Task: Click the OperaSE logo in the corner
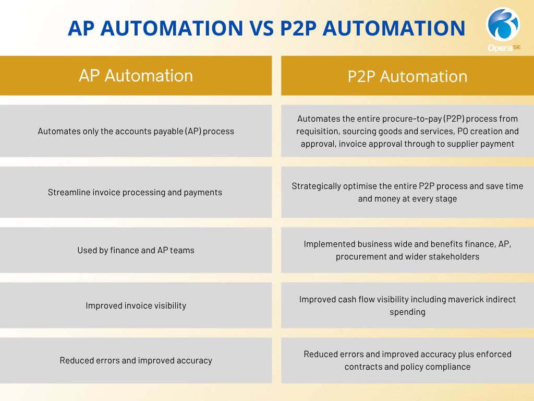tap(503, 28)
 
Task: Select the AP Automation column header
tap(136, 75)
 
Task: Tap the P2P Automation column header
tap(407, 76)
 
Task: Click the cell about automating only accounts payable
tap(136, 131)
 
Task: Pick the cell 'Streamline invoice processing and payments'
tap(136, 192)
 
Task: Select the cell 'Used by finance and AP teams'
tap(136, 250)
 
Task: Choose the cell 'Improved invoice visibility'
tap(136, 305)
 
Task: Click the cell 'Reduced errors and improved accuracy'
tap(136, 360)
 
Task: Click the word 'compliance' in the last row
tap(447, 367)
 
